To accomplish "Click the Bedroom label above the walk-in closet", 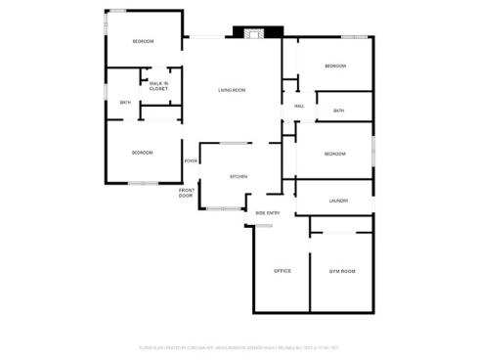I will tap(144, 41).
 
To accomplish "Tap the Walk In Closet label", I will tap(158, 86).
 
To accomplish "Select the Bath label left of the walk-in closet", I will tap(125, 103).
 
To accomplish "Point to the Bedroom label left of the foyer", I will tap(144, 153).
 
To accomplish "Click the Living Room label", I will tap(232, 91).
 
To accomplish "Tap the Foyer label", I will tap(191, 160).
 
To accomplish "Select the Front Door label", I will tap(186, 193).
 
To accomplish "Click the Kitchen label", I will tap(238, 177).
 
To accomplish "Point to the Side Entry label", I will tap(268, 212).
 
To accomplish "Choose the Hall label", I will tap(298, 106).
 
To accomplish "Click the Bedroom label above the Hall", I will tap(335, 66).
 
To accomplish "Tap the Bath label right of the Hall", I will tap(338, 111).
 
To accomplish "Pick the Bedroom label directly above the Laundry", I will tap(334, 154).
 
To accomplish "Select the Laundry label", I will tap(338, 202).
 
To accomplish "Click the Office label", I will tap(283, 271).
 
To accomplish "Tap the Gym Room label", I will tap(341, 271).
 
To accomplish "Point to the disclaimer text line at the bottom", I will tap(239, 347).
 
